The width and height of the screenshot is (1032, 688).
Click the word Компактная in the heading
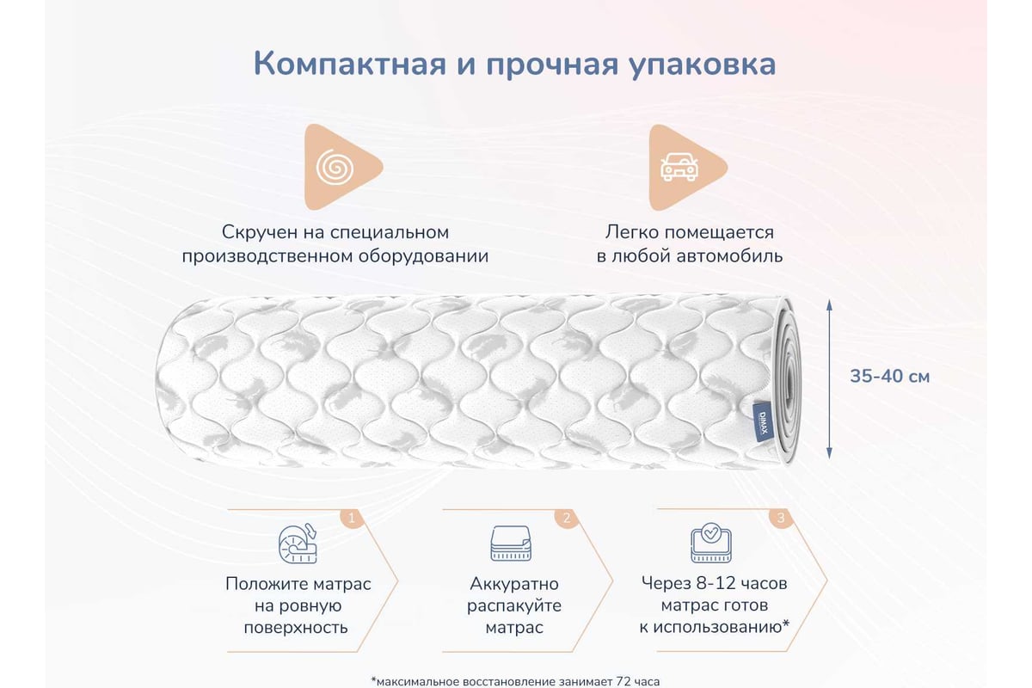pos(350,64)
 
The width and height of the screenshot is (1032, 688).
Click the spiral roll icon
pos(335,167)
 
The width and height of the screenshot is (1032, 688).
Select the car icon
pos(679,166)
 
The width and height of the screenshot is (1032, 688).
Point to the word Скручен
pos(260,232)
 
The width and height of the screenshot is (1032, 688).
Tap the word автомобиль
pos(729,255)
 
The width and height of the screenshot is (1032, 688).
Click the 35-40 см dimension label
pos(889,377)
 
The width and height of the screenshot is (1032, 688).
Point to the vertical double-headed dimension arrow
pos(829,378)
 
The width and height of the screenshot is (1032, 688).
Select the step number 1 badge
pos(352,518)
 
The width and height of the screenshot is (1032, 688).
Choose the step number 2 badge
pos(567,518)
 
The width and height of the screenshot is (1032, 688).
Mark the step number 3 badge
pos(781,518)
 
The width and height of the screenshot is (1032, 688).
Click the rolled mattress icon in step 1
pos(298,544)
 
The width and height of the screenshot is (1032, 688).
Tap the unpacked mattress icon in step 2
pos(511,544)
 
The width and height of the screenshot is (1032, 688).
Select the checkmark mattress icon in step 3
pos(711,543)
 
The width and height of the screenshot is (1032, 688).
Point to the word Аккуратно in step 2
pos(514,584)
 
